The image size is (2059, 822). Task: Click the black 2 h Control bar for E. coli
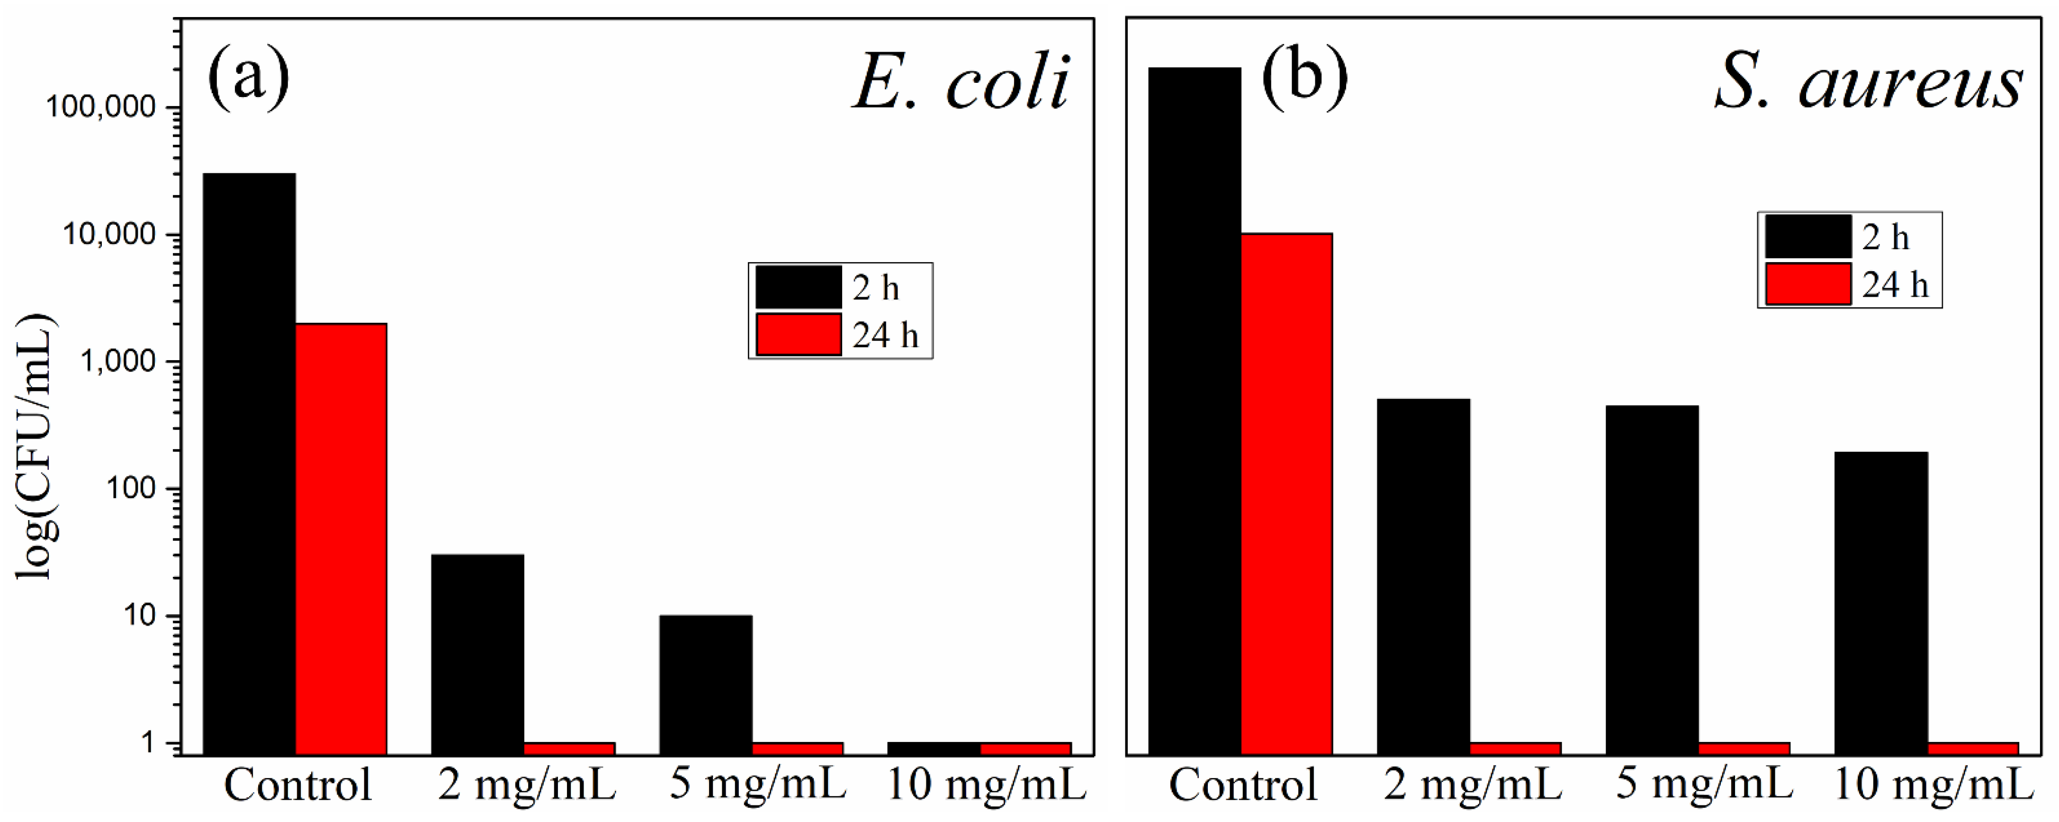(249, 463)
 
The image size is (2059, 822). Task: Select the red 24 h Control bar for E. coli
(342, 539)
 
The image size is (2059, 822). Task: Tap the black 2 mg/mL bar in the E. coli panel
(477, 654)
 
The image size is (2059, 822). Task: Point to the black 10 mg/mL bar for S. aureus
(1881, 603)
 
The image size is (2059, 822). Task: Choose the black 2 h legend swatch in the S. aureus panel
(1808, 237)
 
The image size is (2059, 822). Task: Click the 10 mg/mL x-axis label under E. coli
(986, 785)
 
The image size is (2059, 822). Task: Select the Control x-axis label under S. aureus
(1243, 785)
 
